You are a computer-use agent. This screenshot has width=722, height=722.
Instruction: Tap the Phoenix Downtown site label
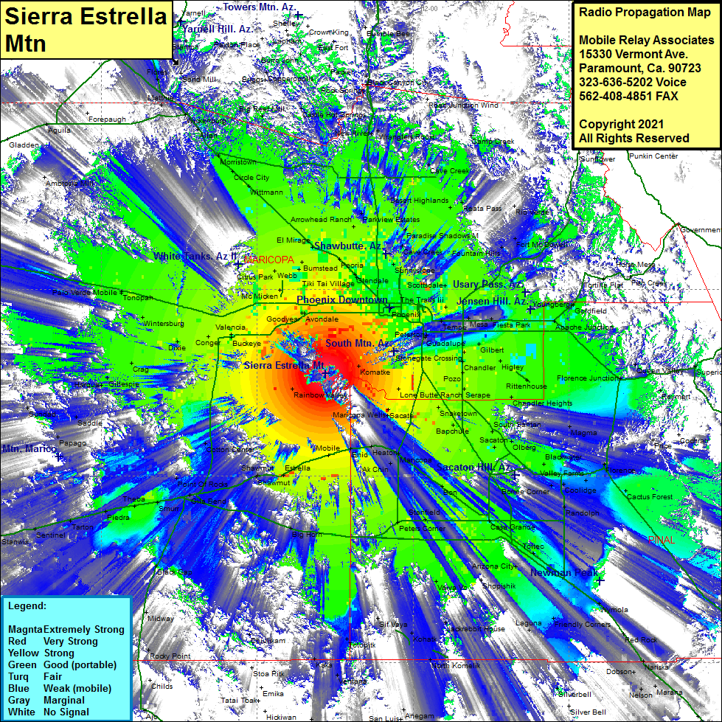coord(341,300)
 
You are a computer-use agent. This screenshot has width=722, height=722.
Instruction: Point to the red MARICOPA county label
coord(268,260)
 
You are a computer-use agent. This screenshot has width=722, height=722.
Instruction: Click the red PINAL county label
coord(662,541)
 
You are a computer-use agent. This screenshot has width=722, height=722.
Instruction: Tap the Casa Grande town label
coord(513,527)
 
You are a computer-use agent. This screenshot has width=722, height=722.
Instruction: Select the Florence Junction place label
coord(589,378)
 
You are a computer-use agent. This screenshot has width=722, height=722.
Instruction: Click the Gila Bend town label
coord(209,501)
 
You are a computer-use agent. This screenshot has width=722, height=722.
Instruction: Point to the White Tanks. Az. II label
coord(195,257)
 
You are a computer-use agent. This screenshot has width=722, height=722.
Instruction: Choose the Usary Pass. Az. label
coord(487,284)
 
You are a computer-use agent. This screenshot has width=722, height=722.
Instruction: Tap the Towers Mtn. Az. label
coord(260,7)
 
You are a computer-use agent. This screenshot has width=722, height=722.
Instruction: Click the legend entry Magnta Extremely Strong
coord(66,630)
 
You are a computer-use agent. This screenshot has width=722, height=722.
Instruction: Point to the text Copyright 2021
coord(621,124)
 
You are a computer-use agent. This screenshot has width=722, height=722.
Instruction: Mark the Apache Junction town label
coord(583,327)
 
